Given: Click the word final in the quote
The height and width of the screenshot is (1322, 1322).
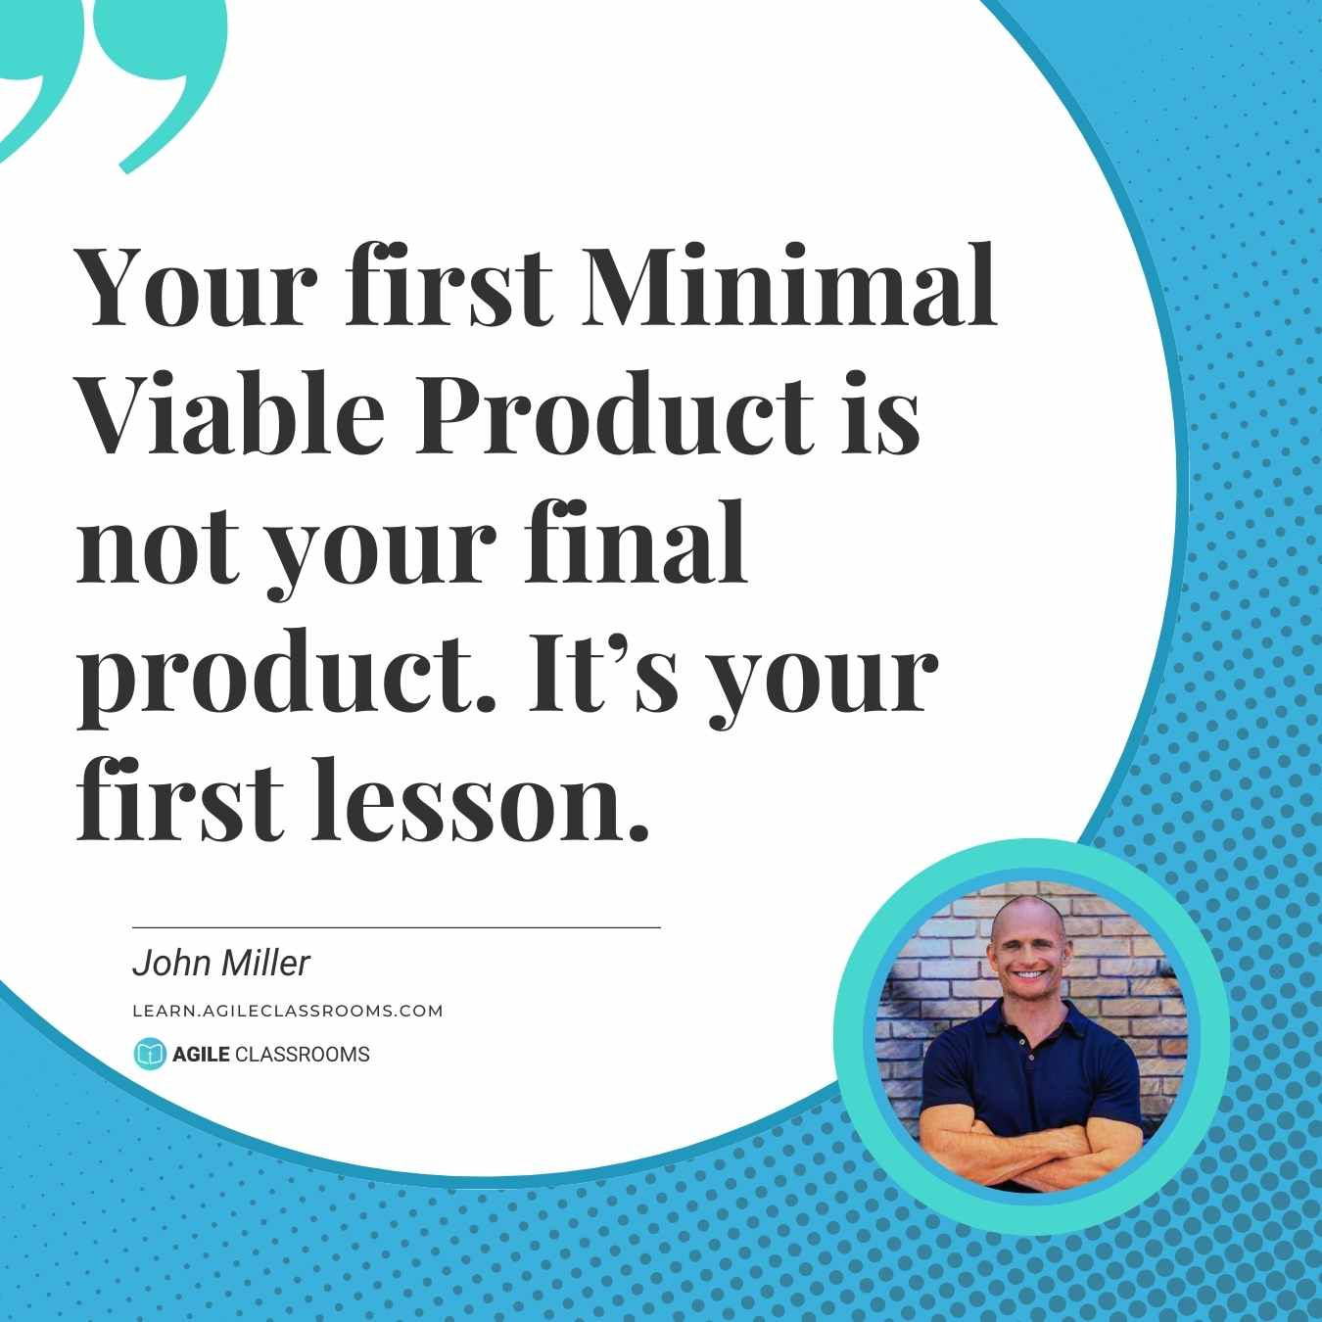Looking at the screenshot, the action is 636,542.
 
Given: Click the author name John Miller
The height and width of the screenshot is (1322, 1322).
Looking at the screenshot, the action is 221,964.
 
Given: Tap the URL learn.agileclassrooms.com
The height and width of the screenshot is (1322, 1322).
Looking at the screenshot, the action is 288,1011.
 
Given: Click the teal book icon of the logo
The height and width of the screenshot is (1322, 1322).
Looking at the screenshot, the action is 150,1054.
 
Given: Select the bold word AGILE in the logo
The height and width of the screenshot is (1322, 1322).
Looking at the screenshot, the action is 201,1054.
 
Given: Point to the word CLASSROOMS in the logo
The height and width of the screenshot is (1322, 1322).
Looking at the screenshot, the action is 302,1054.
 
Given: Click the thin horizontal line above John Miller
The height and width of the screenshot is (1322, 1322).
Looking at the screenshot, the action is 396,927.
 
